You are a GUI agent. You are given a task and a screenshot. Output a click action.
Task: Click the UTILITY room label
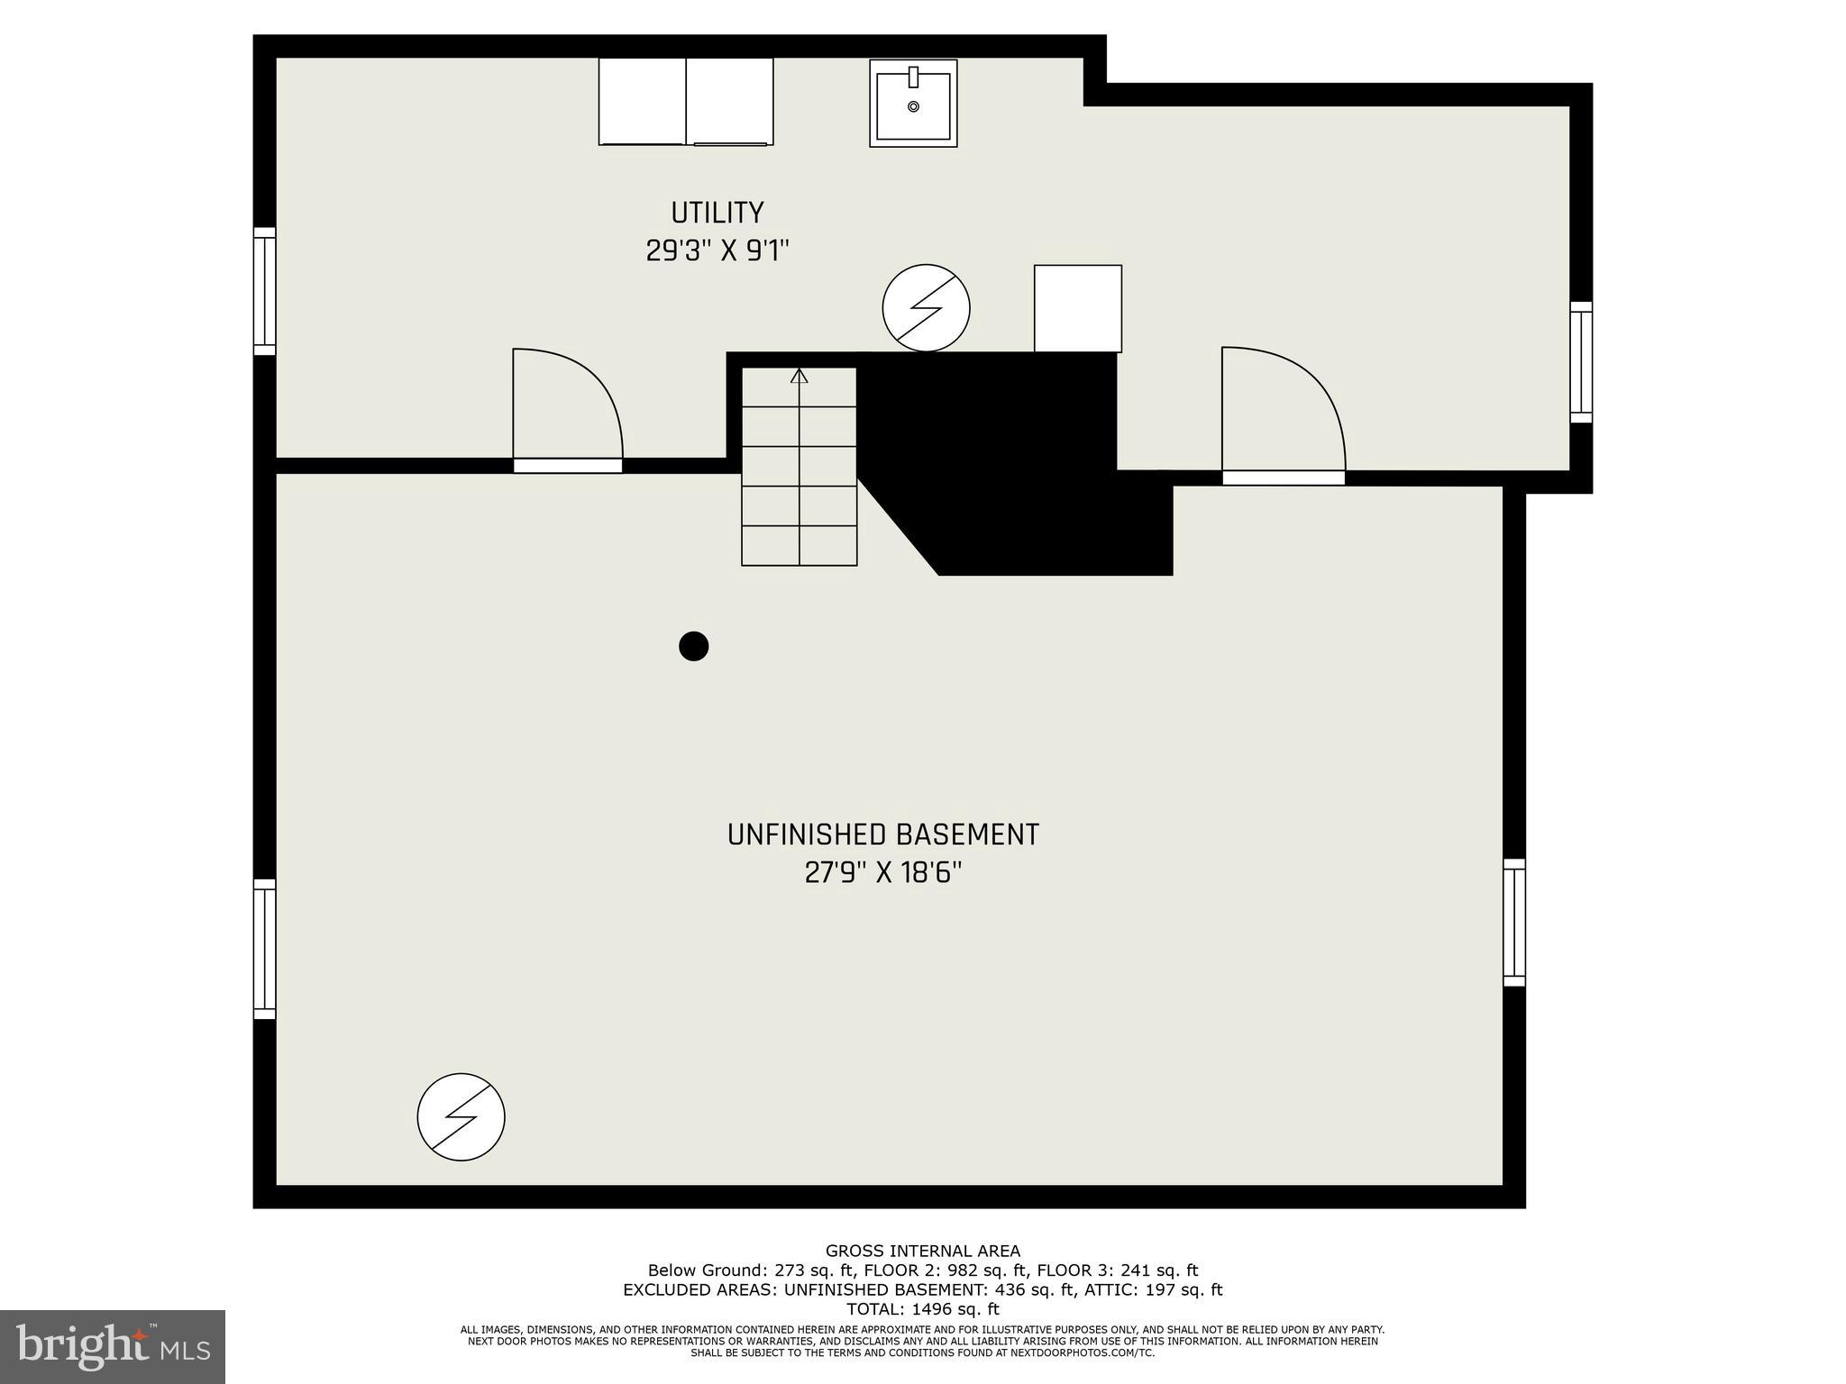717,213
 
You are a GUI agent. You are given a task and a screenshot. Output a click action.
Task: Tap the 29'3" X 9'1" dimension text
717,250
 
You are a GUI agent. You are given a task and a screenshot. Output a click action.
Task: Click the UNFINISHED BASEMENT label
882,835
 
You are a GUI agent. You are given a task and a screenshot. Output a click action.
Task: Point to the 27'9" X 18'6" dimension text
882,873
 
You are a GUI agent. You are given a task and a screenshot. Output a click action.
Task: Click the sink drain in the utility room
913,106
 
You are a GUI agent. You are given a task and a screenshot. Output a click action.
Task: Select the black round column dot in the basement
693,646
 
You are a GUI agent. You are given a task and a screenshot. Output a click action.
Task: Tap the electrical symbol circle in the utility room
926,307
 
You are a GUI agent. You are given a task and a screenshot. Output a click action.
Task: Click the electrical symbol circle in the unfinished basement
461,1116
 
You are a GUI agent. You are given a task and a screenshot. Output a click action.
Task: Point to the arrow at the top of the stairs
799,376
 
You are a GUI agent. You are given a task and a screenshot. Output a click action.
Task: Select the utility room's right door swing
1282,410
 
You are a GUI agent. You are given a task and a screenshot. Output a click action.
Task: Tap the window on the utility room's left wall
264,291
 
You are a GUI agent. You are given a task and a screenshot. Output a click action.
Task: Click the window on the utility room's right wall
1581,362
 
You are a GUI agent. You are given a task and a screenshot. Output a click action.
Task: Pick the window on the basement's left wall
264,949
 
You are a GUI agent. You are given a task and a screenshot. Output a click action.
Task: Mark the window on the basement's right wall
1514,922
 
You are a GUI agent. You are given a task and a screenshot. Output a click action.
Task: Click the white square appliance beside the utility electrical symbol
1077,308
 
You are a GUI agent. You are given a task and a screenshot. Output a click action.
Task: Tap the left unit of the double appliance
642,101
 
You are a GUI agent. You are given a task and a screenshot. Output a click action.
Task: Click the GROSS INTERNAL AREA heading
922,1251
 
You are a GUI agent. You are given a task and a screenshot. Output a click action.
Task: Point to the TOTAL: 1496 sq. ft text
922,1309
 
